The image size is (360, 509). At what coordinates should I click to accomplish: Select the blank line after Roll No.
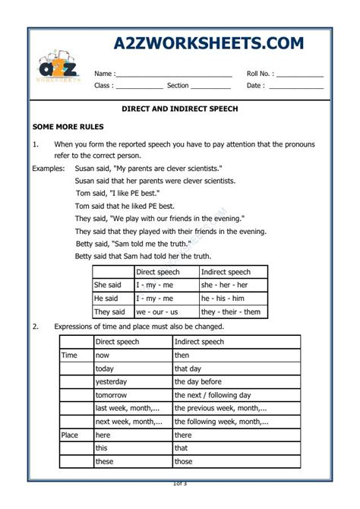[x=300, y=74]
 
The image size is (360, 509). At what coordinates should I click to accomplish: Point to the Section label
[x=178, y=86]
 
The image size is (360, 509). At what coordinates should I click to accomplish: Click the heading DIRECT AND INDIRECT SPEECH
[x=180, y=109]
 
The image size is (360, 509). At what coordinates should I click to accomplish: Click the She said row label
[x=109, y=285]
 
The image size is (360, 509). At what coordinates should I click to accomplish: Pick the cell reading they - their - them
[x=231, y=311]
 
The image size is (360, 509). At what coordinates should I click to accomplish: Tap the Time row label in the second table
[x=71, y=355]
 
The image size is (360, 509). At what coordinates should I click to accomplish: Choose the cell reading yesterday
[x=112, y=381]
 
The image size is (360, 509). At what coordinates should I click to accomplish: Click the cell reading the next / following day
[x=213, y=395]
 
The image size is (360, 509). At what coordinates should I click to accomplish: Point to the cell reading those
[x=184, y=461]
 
